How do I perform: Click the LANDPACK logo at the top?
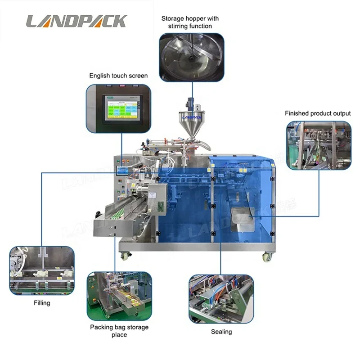pyautogui.click(x=76, y=21)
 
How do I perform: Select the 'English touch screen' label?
pyautogui.click(x=118, y=76)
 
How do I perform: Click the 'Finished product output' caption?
pyautogui.click(x=318, y=113)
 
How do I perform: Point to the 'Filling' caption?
pyautogui.click(x=42, y=303)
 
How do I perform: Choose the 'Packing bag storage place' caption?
pyautogui.click(x=119, y=331)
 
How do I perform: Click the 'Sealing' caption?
pyautogui.click(x=221, y=332)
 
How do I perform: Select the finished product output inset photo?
pyautogui.click(x=319, y=145)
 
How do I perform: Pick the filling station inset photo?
pyautogui.click(x=42, y=270)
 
